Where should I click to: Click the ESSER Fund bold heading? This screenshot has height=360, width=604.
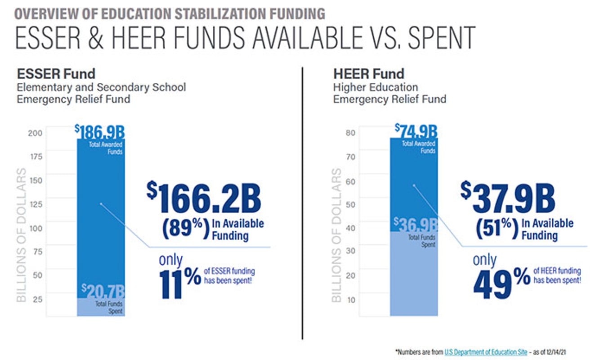tap(56, 74)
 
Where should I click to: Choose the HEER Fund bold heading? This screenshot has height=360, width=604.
tap(369, 74)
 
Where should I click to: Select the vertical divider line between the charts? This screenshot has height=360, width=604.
tap(303, 202)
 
